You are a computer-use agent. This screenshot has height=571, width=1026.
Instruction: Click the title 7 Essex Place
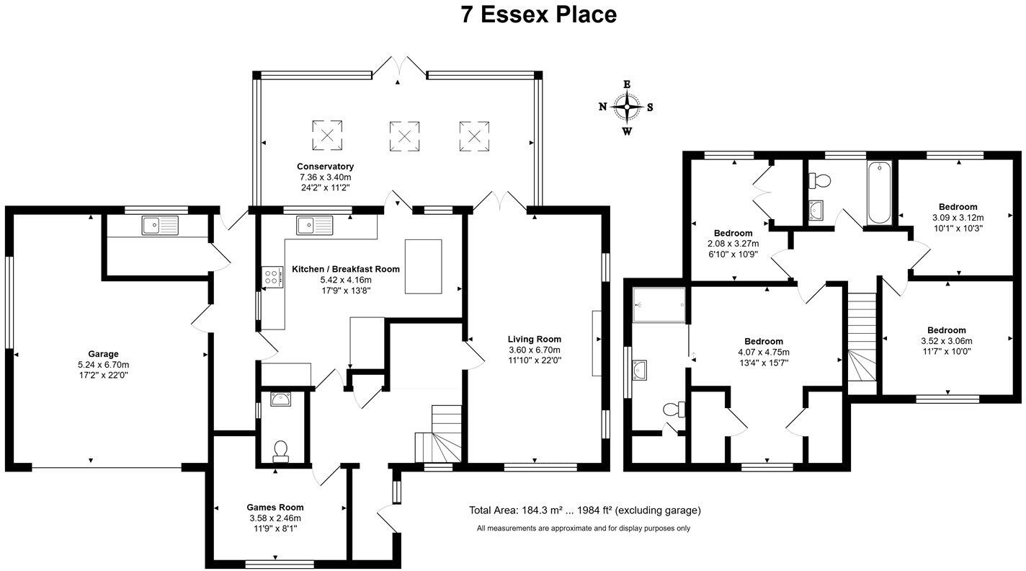pos(539,14)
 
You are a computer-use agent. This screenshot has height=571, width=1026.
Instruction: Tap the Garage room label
pos(104,354)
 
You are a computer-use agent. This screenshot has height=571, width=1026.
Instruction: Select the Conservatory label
pos(325,167)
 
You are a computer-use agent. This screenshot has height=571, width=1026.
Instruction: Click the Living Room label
pos(535,339)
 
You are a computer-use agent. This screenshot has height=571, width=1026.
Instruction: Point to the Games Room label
pos(275,508)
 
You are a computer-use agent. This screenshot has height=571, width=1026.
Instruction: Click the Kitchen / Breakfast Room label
pos(346,269)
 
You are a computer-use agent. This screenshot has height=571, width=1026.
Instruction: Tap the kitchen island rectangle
pos(423,266)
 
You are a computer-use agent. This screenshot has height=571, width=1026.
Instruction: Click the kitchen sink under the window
pos(314,226)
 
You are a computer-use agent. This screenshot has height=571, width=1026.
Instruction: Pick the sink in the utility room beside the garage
pos(160,226)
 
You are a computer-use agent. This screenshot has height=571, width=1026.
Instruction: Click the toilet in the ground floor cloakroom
pos(280,451)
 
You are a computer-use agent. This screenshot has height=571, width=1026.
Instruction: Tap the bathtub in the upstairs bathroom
pos(879,193)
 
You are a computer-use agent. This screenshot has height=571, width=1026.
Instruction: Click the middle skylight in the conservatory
pos(404,136)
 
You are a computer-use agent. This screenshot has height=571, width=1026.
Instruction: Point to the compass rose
pos(627,107)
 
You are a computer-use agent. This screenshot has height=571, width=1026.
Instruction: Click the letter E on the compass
pos(627,84)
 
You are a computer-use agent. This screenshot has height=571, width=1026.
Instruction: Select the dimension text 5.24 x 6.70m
pos(104,365)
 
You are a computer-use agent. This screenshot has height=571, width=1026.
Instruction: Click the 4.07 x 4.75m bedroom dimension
pos(764,353)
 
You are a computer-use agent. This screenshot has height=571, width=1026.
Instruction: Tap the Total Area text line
pos(585,510)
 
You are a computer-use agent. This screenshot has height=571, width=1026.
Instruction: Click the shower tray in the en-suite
pos(659,305)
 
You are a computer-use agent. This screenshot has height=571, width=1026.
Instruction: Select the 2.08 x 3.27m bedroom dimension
pos(733,244)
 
